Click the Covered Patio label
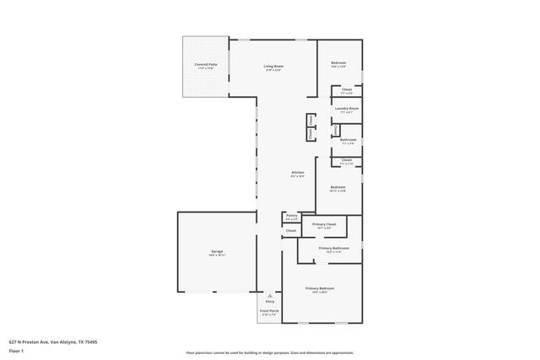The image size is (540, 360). [206, 64]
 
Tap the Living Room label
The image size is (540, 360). [273, 66]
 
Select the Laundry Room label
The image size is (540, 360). [347, 109]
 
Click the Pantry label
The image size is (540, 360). [291, 215]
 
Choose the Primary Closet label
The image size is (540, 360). [325, 224]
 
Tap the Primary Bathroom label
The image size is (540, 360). [333, 248]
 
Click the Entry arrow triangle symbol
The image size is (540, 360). [270, 296]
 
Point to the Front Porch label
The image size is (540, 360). [268, 312]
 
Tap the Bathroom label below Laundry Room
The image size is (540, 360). [348, 140]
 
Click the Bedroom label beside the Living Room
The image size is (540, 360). [338, 64]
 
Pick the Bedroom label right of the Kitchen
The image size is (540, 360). [337, 187]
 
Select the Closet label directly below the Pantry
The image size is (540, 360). [291, 230]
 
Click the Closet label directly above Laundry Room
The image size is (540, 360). [347, 89]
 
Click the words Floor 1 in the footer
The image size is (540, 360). [17, 352]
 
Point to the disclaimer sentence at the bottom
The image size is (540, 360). [269, 352]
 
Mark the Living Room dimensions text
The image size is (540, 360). [273, 70]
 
